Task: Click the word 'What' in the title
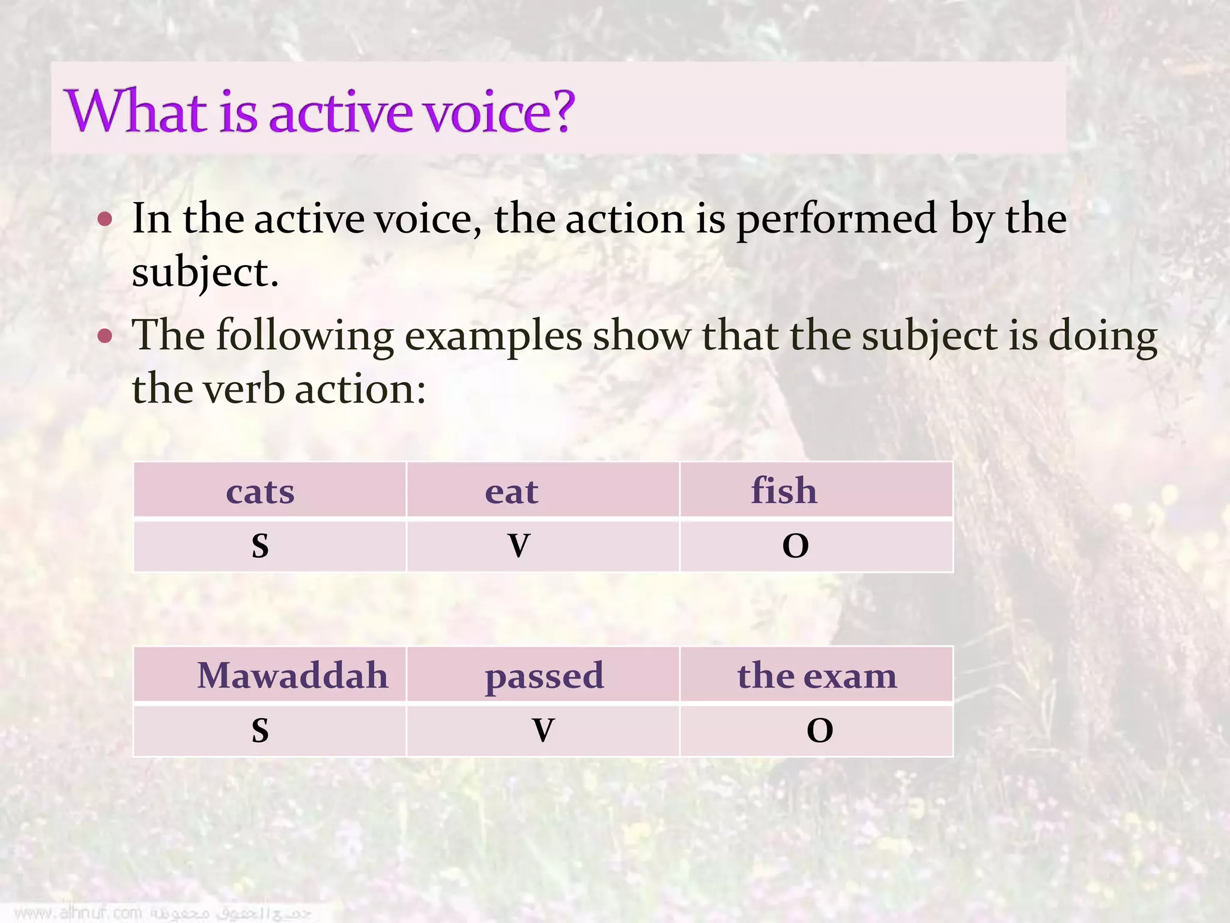(x=136, y=111)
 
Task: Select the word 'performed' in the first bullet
(x=837, y=219)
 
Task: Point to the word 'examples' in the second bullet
(x=493, y=335)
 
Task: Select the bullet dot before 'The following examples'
(x=105, y=335)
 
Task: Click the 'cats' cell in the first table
(x=260, y=492)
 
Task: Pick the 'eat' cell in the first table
(x=512, y=492)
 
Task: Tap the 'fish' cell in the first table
(x=784, y=490)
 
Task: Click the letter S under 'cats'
(x=260, y=546)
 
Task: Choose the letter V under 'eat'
(x=519, y=546)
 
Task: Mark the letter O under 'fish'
(x=795, y=546)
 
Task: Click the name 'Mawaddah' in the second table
(x=292, y=675)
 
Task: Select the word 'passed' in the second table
(x=544, y=676)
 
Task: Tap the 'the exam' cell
(x=817, y=675)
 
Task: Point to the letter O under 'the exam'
(x=820, y=730)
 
